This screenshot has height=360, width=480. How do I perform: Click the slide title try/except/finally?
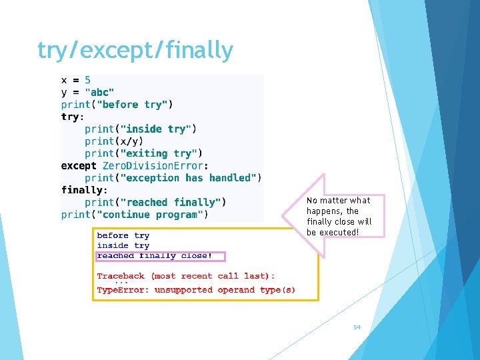[135, 50]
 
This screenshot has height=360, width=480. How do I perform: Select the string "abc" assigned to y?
[99, 92]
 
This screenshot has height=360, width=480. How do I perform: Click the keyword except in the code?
[79, 165]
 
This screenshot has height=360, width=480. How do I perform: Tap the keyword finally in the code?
[81, 190]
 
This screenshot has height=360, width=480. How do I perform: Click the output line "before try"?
[123, 235]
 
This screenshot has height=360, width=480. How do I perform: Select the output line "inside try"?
[123, 245]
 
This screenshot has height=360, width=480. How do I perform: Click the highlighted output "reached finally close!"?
[155, 255]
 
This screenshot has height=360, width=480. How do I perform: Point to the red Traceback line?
[185, 276]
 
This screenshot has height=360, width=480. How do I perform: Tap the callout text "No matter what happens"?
[338, 205]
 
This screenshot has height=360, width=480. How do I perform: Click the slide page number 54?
[357, 327]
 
